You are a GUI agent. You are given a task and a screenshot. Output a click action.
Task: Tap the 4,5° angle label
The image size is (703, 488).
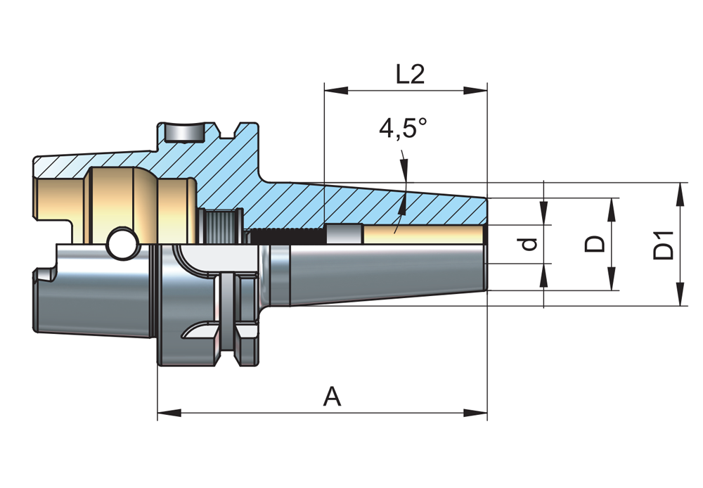[x=403, y=129]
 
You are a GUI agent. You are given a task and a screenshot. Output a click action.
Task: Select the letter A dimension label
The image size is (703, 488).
[x=332, y=397]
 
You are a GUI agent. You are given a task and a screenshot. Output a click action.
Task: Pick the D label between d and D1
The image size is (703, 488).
[x=596, y=244]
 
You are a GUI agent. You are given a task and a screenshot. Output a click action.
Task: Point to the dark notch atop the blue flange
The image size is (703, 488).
[x=184, y=133]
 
